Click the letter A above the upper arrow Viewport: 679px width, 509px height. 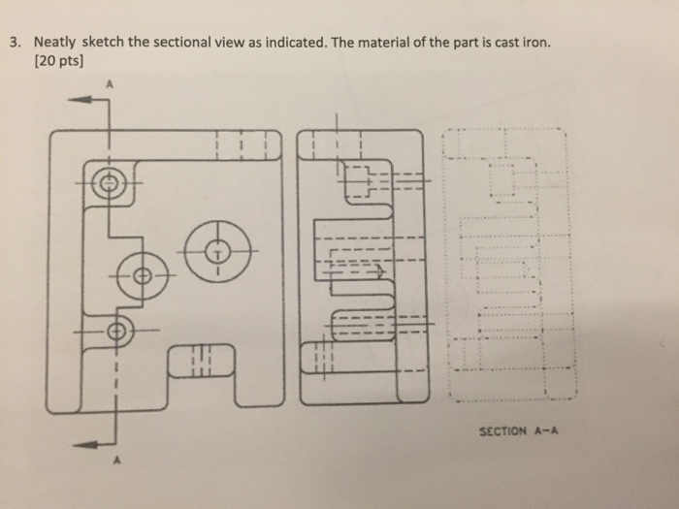[x=111, y=83]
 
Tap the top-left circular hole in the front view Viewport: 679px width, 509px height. [x=110, y=181]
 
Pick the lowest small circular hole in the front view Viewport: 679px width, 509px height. [x=117, y=332]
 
